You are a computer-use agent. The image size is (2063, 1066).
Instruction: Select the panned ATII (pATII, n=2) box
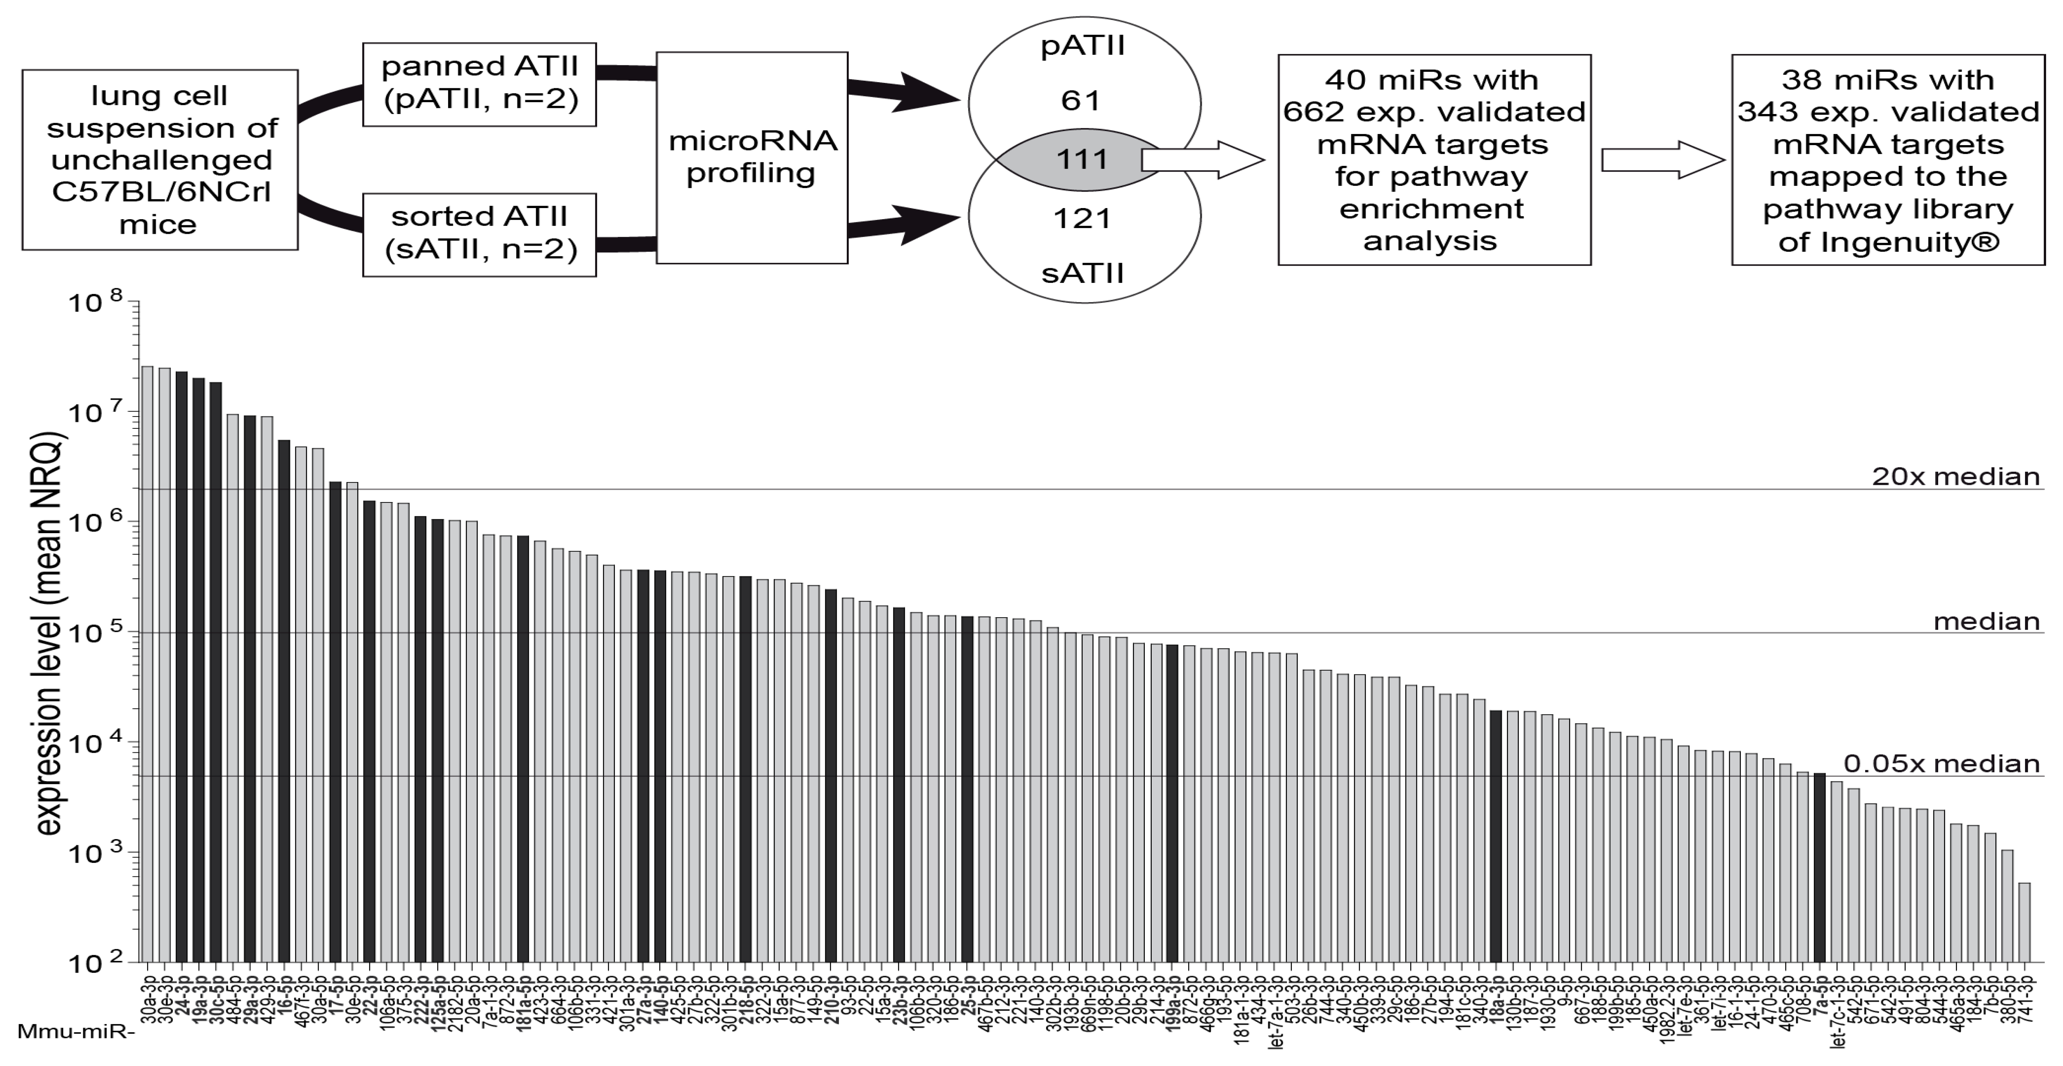coord(479,84)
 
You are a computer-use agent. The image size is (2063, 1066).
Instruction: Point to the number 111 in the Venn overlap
coord(1082,159)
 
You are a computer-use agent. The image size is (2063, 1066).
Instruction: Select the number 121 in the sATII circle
coord(1082,218)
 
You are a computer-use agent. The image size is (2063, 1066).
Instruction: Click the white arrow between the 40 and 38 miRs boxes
coord(1662,160)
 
